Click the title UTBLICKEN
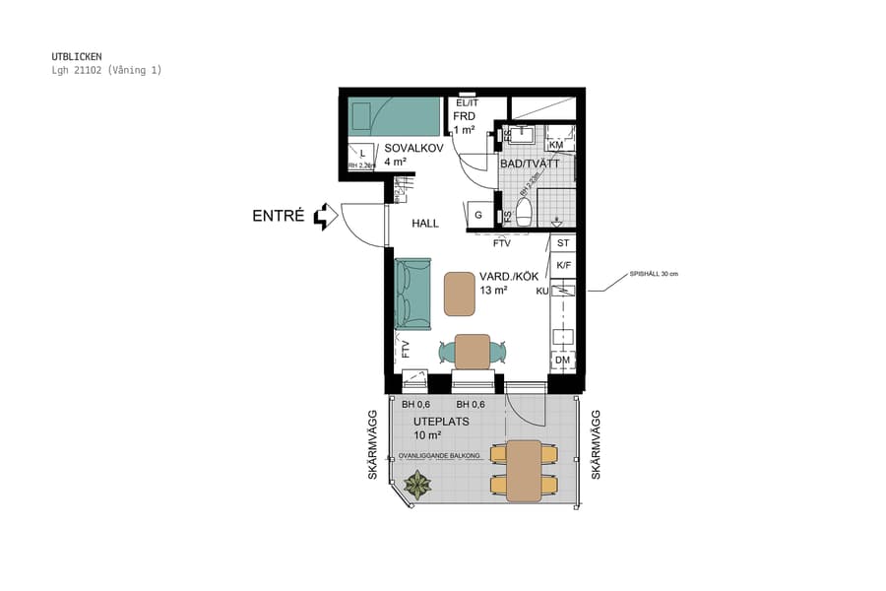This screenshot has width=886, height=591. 77,56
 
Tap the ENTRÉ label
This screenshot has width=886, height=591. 278,216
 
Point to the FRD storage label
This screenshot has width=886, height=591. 464,115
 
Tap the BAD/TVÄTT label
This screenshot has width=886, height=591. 529,164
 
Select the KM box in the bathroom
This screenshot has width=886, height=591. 555,145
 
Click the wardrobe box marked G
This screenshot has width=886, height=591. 478,215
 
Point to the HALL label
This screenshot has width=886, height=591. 425,224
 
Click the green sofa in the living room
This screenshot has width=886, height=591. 413,294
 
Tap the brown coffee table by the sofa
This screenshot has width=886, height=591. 461,294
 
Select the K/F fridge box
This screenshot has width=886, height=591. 563,265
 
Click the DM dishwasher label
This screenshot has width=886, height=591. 562,361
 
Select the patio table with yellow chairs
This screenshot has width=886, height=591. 524,470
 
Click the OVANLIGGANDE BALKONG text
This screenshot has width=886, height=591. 439,456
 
